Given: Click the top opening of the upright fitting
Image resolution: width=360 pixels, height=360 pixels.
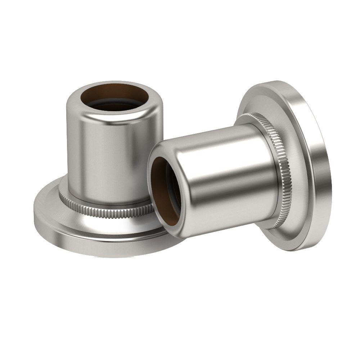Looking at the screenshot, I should [114, 97].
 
